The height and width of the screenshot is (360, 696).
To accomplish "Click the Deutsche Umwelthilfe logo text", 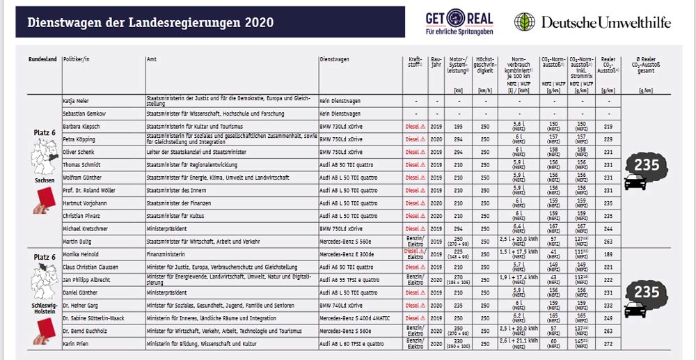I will click(606, 22).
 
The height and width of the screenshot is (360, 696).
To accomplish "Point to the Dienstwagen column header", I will click(336, 60).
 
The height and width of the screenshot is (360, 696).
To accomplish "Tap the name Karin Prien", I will click(77, 344).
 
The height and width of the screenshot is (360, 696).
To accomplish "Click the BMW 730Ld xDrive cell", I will click(341, 126).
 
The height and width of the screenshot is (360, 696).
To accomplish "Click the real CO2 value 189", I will click(608, 255).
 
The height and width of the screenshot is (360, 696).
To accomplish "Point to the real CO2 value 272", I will click(608, 344).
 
